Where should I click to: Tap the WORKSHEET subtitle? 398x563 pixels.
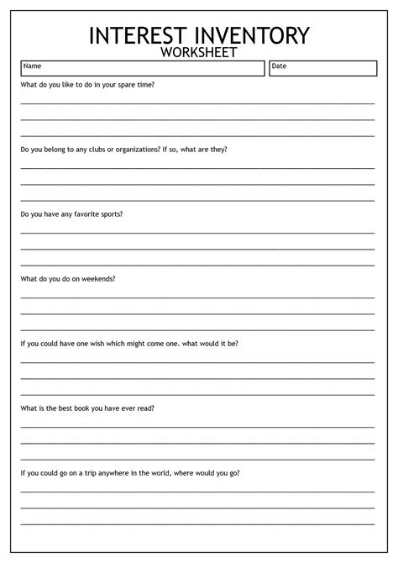point(199,53)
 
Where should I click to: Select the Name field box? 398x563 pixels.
point(143,68)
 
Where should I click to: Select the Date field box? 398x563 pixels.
point(322,68)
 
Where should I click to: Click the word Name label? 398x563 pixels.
point(32,66)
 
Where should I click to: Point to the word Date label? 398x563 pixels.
point(279,66)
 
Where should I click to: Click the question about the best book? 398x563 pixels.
point(87,408)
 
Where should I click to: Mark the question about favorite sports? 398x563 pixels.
point(72,213)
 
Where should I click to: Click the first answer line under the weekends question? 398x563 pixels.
point(197,297)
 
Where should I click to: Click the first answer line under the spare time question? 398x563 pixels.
point(197,103)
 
